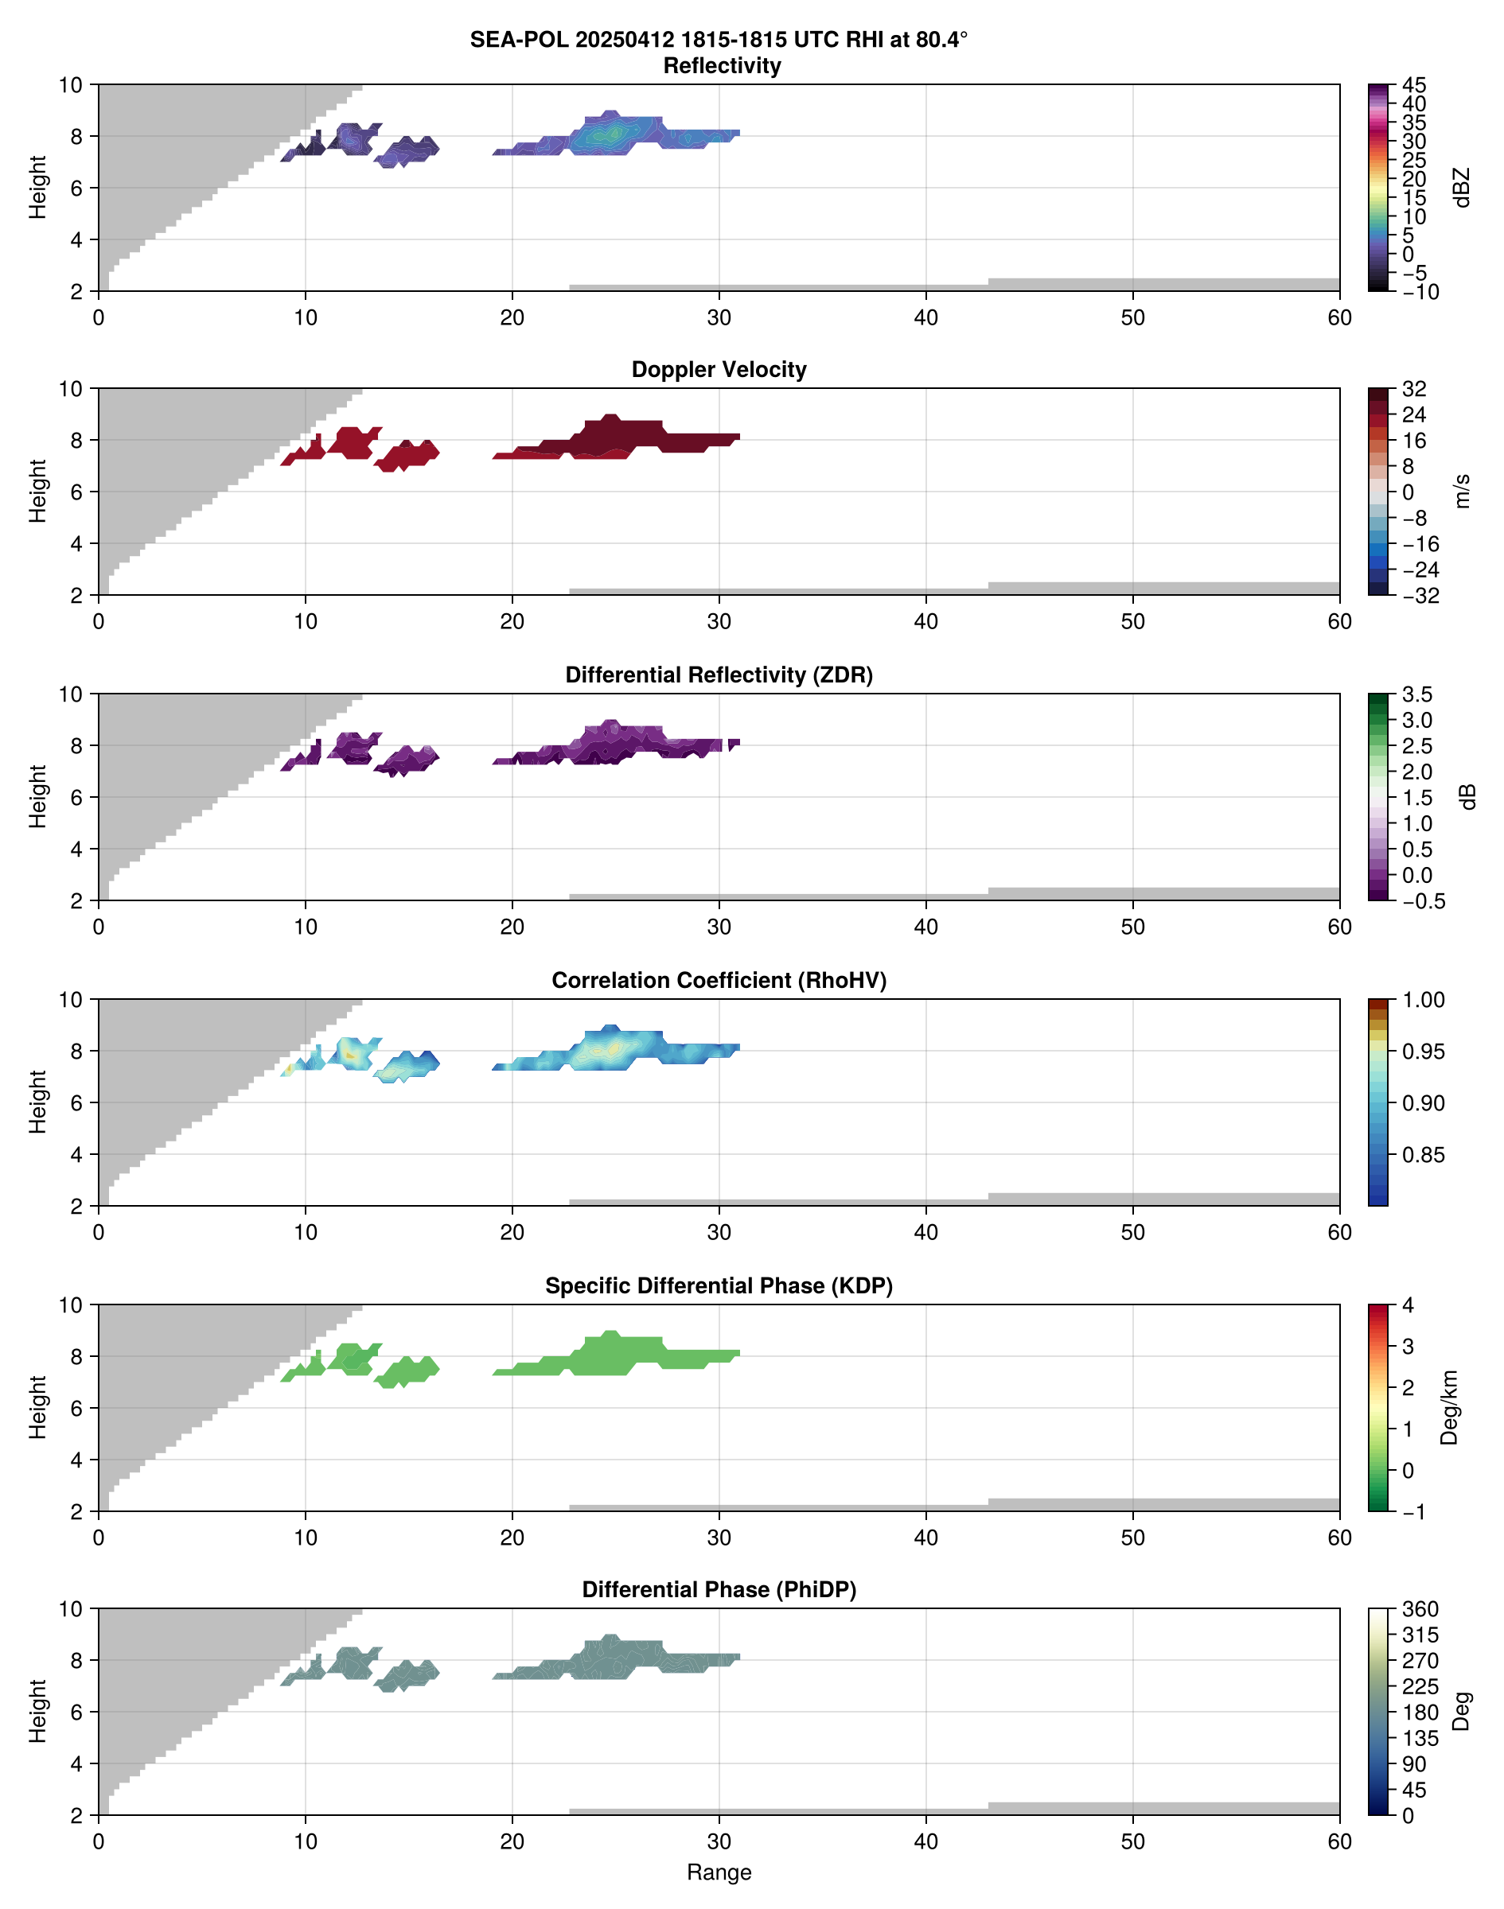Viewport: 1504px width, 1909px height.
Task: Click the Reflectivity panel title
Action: [722, 66]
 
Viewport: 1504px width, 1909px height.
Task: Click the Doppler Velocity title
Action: [719, 370]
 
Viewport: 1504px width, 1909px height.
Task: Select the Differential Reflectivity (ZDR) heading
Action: [719, 675]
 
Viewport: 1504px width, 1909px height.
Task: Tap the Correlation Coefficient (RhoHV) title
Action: [719, 981]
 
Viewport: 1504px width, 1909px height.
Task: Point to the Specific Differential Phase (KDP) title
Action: [719, 1286]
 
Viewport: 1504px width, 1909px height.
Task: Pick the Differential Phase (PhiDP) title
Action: [719, 1589]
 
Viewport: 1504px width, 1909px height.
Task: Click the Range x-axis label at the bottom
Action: [719, 1872]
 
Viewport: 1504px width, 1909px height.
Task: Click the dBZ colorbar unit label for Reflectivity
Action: [1463, 188]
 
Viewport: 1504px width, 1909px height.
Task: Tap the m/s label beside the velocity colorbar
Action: [1463, 491]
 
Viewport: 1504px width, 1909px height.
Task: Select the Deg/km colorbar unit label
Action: [1449, 1407]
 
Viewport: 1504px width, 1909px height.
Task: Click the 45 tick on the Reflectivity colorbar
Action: [1414, 85]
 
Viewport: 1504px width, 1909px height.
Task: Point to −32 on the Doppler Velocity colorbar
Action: [1420, 596]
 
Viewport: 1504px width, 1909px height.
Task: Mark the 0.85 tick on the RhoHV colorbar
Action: [1423, 1155]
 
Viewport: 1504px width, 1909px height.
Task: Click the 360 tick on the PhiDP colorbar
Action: [1420, 1610]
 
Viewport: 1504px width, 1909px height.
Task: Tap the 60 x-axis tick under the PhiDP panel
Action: [1339, 1841]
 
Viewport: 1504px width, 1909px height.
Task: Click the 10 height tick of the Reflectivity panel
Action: [71, 85]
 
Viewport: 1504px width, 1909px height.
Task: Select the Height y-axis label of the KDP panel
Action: [37, 1407]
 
